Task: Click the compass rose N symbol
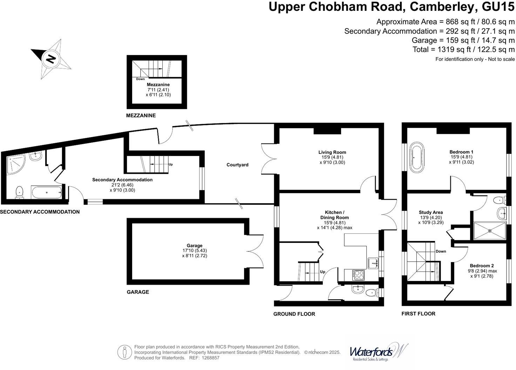(x=51, y=58)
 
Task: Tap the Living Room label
(x=332, y=152)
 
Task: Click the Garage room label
(x=195, y=246)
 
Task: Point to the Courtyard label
(x=237, y=165)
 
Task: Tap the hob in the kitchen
(x=358, y=275)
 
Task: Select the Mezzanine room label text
(x=158, y=85)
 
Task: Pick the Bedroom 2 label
(x=482, y=266)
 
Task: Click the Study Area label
(x=431, y=212)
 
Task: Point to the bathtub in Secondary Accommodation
(x=47, y=192)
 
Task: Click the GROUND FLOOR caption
(x=294, y=314)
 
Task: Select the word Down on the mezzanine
(x=140, y=79)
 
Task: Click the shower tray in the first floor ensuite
(x=490, y=231)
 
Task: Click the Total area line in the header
(x=463, y=49)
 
